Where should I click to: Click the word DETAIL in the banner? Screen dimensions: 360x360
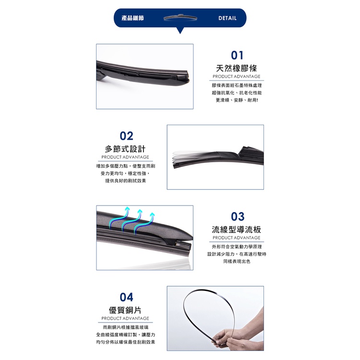point(228,18)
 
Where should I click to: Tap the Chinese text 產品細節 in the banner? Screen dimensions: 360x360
point(132,18)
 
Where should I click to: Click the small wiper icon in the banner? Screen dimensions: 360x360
point(180,17)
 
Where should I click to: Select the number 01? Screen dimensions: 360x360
point(237,55)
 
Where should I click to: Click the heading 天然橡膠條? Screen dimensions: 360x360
point(237,68)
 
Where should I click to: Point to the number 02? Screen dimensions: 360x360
point(126,136)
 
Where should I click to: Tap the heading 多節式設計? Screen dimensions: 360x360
point(125,149)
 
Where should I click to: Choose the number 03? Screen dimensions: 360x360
point(238,216)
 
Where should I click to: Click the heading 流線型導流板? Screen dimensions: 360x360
point(237,229)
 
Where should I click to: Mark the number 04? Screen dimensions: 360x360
point(126,297)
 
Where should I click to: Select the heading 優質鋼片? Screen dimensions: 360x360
point(125,310)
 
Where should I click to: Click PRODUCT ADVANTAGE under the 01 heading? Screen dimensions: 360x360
point(237,76)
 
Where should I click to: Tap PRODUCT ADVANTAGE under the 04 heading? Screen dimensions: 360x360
point(125,318)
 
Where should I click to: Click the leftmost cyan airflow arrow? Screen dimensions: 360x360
point(119,217)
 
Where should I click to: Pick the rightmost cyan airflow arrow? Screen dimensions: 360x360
point(144,223)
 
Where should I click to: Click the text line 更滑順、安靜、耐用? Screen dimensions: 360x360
point(237,100)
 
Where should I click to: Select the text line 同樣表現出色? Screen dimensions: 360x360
point(237,261)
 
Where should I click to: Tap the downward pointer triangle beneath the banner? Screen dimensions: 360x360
point(180,31)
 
